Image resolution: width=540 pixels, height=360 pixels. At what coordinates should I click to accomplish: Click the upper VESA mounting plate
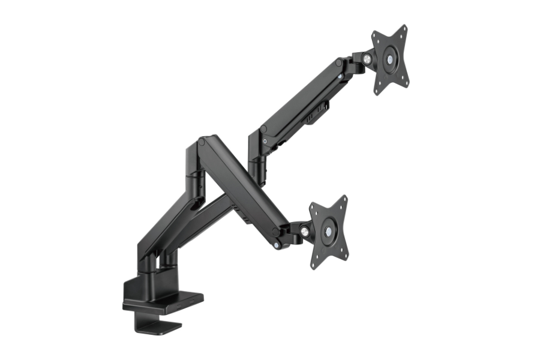pos(390,59)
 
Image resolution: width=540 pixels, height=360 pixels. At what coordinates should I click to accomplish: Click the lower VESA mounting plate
pos(328,231)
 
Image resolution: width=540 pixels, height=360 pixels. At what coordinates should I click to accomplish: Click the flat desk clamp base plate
pos(163,300)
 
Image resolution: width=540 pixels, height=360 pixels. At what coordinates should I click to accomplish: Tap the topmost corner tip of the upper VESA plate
pos(404,28)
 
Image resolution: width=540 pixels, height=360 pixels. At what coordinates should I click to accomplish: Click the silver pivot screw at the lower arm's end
pos(276,245)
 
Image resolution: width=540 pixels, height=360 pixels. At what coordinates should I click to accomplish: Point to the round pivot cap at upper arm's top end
pos(340,62)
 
